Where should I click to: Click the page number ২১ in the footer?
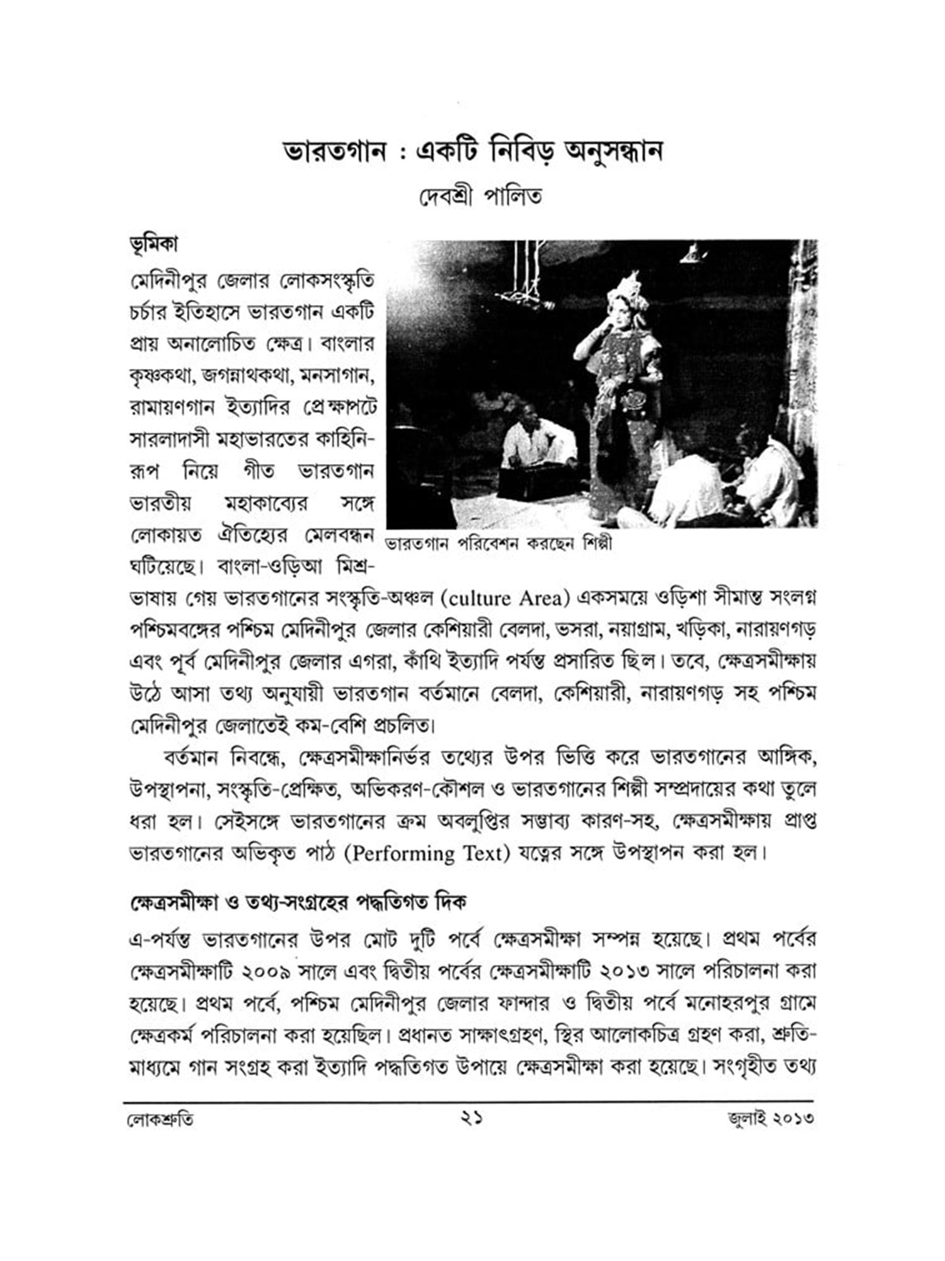point(471,1119)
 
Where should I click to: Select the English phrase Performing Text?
point(430,854)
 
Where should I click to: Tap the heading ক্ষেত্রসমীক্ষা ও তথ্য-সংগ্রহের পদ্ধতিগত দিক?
point(297,903)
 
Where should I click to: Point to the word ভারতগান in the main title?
point(334,152)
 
